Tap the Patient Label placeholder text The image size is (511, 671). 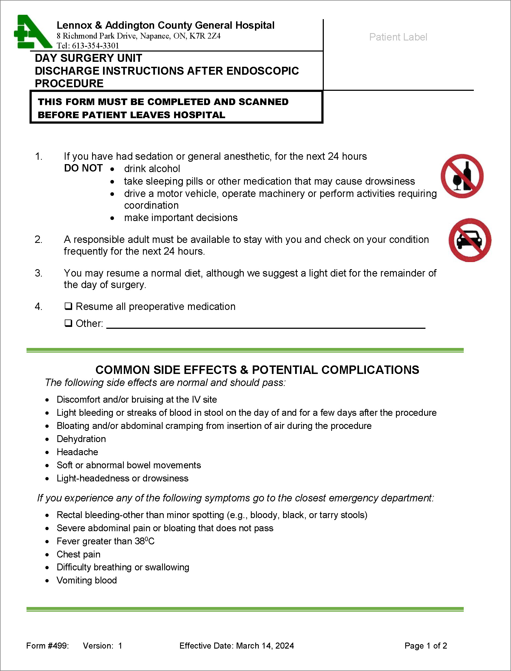coord(398,37)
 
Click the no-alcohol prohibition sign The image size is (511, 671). coord(462,176)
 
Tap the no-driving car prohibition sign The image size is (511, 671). coord(470,240)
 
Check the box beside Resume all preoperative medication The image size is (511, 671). coord(68,306)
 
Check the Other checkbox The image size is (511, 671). coord(68,323)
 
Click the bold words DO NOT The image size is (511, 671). coord(83,168)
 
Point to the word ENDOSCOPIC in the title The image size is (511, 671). coord(263,71)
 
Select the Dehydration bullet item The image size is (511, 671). coord(81,439)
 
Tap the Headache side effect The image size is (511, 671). coord(77,452)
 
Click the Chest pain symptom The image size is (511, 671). coord(78,554)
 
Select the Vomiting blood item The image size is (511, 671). coord(87,580)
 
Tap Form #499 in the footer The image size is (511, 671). coord(48,646)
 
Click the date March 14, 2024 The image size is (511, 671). coord(265,646)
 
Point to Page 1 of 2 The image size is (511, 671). coord(425,646)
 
